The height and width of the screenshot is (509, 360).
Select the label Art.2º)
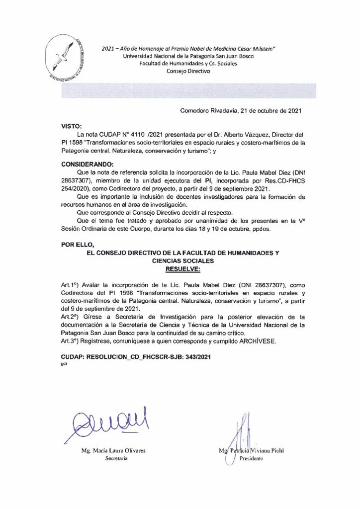[x=70, y=316]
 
